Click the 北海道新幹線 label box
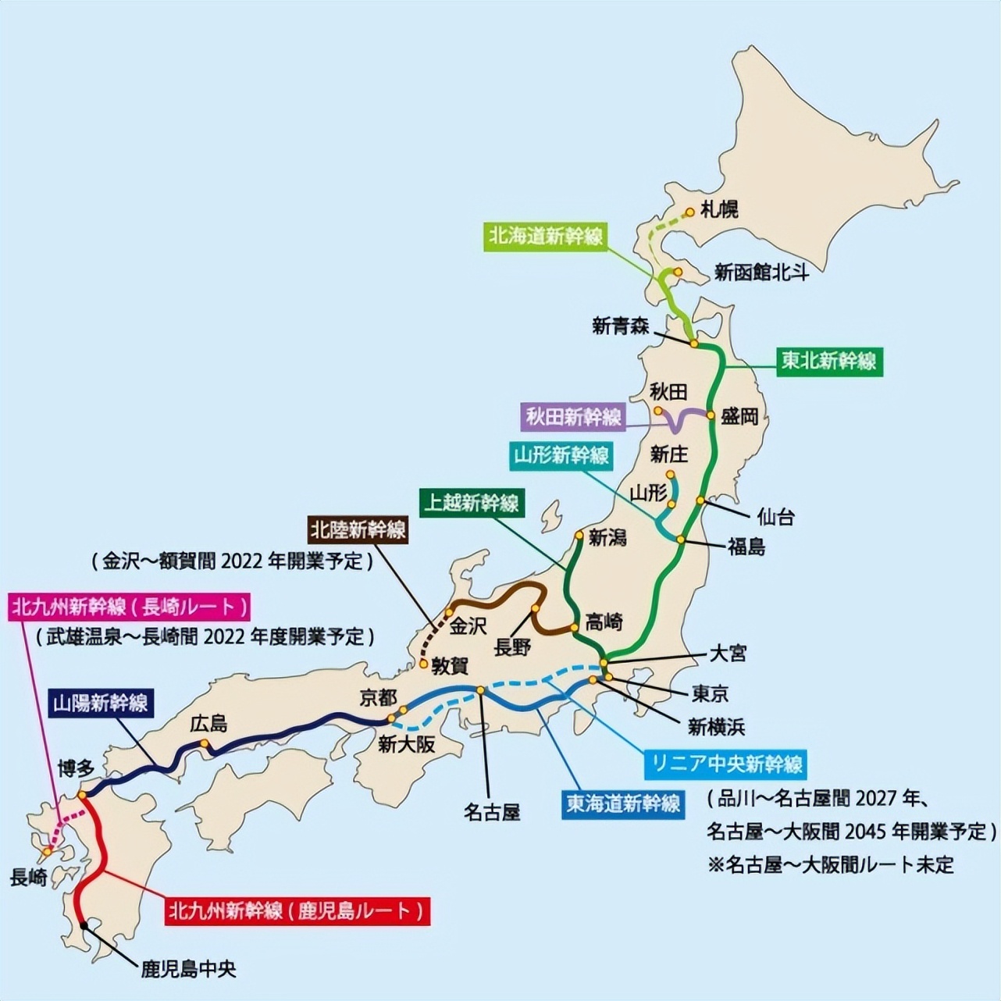point(546,237)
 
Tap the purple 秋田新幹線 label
point(573,416)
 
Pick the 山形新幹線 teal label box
point(561,454)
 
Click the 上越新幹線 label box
point(472,502)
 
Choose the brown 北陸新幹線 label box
point(358,529)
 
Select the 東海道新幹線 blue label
point(623,803)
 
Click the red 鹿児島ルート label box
point(297,910)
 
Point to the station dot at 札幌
point(690,212)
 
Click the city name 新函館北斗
point(761,273)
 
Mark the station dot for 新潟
point(579,536)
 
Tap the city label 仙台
point(775,516)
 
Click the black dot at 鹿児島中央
point(84,925)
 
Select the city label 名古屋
point(492,813)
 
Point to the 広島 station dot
point(205,743)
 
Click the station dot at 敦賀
point(422,664)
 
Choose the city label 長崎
point(29,878)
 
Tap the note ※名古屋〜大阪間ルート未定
point(831,864)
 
